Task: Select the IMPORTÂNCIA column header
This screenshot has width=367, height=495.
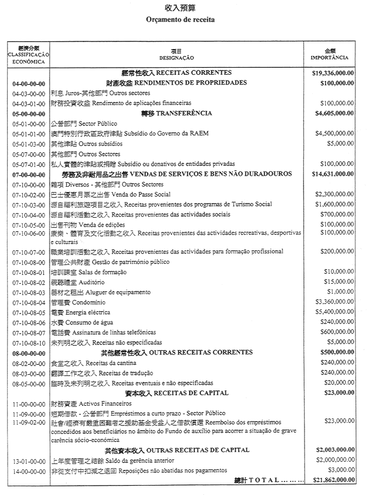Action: pos(330,58)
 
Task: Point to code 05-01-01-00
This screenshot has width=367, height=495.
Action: pos(29,134)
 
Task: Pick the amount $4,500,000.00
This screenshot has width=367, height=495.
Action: pos(335,134)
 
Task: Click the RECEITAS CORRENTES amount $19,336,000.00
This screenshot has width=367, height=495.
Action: pos(334,73)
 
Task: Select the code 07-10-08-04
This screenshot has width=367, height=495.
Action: pos(29,302)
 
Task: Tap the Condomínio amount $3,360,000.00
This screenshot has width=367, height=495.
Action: pos(335,302)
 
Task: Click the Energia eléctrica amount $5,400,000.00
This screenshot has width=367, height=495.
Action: pos(335,312)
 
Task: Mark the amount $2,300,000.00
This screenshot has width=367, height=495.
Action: pos(335,194)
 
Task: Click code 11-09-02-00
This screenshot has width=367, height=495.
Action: pos(29,421)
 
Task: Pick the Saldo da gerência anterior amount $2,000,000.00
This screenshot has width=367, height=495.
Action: pos(335,460)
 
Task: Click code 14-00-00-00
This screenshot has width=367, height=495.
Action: pos(29,470)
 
